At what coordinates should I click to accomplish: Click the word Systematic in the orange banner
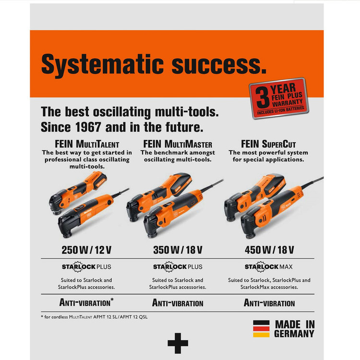pos(102,65)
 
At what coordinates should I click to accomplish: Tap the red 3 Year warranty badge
pos(279,98)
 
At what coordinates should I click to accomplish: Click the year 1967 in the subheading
pos(88,127)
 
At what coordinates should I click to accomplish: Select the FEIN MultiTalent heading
pos(87,144)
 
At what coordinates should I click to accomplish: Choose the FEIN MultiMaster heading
pos(178,144)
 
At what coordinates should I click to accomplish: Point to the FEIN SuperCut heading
pos(268,144)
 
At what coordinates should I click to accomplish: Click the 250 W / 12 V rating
pos(86,250)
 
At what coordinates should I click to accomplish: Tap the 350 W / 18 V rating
pos(178,250)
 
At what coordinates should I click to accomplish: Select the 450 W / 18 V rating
pos(269,250)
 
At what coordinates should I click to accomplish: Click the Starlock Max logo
pos(269,266)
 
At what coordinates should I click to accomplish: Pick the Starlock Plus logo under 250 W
pos(86,266)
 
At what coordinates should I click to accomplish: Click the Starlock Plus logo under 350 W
pos(178,266)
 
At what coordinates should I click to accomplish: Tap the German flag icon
pos(261,329)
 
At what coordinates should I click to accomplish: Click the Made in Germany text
pos(295,329)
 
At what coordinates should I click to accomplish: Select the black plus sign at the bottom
pos(178,343)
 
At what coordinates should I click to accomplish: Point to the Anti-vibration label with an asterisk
pos(86,302)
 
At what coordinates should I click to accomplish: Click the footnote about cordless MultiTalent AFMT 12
pos(95,317)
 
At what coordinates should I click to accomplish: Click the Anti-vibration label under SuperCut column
pos(269,303)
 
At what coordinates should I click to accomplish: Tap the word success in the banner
pos(219,65)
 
